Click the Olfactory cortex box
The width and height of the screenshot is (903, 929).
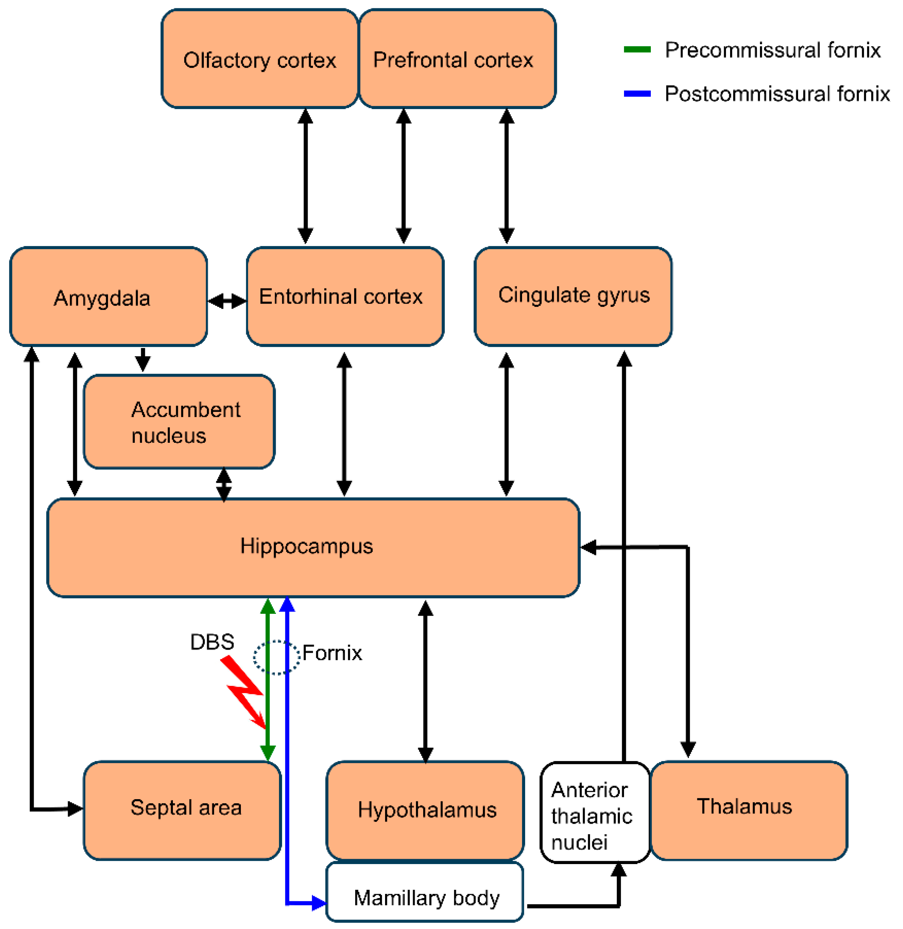tap(259, 59)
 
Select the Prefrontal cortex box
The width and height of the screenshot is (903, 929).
tap(457, 59)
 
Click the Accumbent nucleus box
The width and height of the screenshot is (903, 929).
tap(179, 422)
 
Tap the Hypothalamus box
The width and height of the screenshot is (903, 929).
tap(425, 810)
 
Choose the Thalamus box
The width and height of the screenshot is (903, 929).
tap(749, 810)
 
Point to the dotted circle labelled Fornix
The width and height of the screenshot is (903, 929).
tap(276, 657)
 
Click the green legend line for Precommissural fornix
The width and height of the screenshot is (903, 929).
tap(637, 49)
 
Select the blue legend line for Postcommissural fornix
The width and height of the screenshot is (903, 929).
tap(637, 93)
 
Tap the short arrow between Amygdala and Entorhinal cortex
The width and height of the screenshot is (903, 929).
tap(227, 300)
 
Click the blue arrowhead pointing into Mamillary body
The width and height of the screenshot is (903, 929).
tap(319, 903)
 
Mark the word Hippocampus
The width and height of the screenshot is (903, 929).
tap(307, 546)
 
